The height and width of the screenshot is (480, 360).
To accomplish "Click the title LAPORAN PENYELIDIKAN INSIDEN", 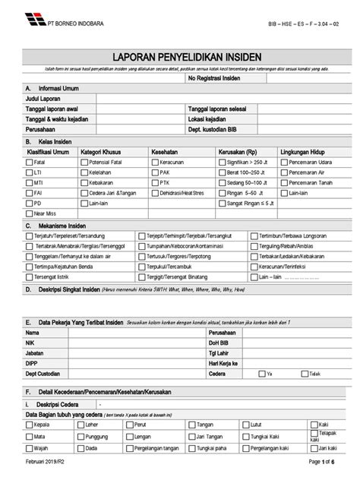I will click(x=180, y=57).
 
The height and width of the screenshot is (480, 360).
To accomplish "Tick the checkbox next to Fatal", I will click(x=29, y=162).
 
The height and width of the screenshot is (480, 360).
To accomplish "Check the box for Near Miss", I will click(x=29, y=214).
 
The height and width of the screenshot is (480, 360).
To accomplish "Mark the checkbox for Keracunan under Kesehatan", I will click(x=155, y=162).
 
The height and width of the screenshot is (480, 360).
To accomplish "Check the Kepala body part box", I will click(x=29, y=425).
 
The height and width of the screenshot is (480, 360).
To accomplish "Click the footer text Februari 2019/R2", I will click(x=47, y=472).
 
